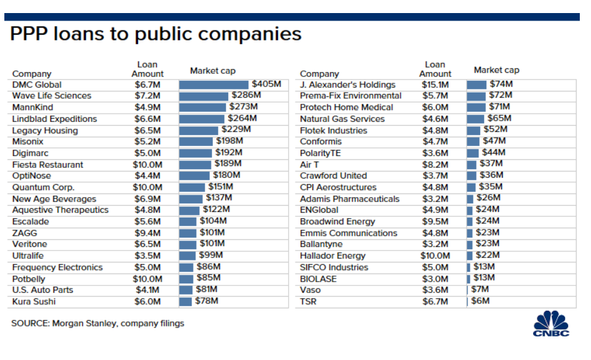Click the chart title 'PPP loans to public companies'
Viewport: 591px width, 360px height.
156,33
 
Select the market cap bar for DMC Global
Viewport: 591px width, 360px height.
213,85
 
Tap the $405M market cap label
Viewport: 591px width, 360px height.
266,85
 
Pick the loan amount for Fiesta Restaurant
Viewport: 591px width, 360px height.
147,165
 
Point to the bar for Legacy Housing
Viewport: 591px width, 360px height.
199,130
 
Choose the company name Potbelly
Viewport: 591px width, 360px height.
29,279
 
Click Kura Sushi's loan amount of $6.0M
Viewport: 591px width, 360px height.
147,302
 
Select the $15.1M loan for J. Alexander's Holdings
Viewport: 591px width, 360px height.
435,85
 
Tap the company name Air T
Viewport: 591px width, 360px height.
312,165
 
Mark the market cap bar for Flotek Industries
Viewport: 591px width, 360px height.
475,130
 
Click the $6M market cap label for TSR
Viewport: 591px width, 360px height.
480,302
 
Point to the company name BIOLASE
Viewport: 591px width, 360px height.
318,279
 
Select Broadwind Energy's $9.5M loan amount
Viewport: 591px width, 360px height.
435,221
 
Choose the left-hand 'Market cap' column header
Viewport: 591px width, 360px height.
213,71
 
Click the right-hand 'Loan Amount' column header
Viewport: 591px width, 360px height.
435,69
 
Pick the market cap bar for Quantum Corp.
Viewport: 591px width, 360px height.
192,187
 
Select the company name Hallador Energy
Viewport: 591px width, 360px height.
333,256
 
